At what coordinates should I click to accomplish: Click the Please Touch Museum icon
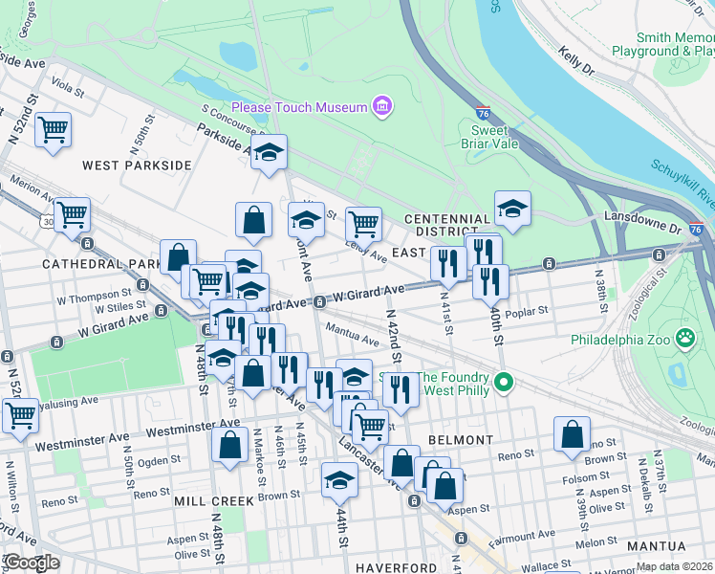(x=382, y=104)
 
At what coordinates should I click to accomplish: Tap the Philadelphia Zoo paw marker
(x=684, y=338)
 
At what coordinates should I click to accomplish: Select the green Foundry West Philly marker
(x=508, y=384)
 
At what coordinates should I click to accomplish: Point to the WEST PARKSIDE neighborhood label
(x=137, y=166)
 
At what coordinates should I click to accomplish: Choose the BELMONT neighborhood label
(x=461, y=440)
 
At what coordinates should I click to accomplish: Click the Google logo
(x=31, y=562)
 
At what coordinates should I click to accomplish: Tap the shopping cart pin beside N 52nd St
(x=53, y=128)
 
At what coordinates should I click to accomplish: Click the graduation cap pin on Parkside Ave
(x=270, y=151)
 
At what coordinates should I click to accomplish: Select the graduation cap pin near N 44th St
(x=338, y=480)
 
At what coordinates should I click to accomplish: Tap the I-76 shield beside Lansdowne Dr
(x=696, y=230)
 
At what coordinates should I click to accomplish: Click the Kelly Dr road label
(x=576, y=66)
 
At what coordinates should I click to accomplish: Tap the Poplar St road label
(x=528, y=311)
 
